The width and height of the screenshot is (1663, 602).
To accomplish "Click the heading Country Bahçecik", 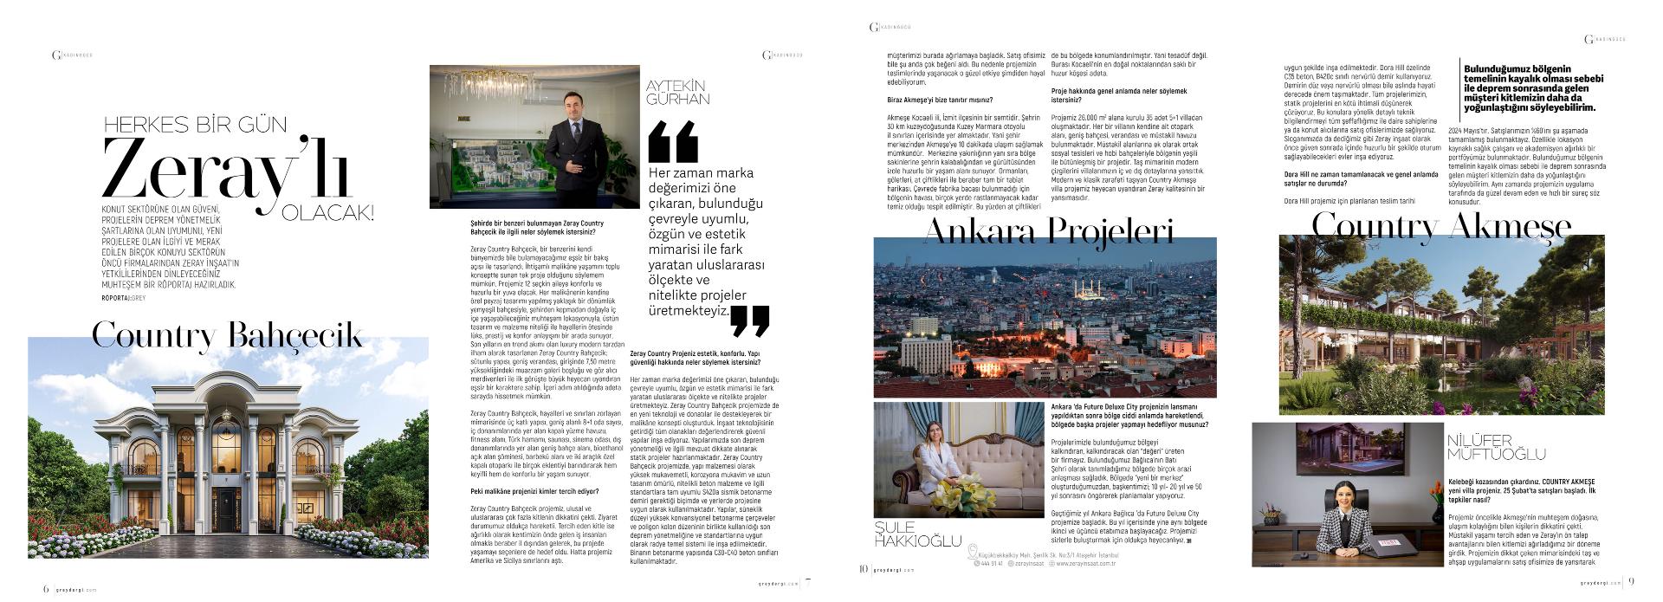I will tap(227, 335).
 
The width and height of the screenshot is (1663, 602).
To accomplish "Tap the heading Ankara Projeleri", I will tap(1049, 232).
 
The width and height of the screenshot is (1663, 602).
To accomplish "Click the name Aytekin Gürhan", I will tap(678, 92).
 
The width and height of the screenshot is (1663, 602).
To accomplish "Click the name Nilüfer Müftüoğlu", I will tap(1496, 447).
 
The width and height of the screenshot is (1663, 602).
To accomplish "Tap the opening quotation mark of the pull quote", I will tap(673, 143).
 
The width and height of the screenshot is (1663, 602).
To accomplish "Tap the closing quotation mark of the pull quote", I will tap(749, 320).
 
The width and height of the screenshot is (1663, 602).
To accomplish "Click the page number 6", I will tap(46, 588).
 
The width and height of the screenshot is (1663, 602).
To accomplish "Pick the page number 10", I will tap(863, 569).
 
